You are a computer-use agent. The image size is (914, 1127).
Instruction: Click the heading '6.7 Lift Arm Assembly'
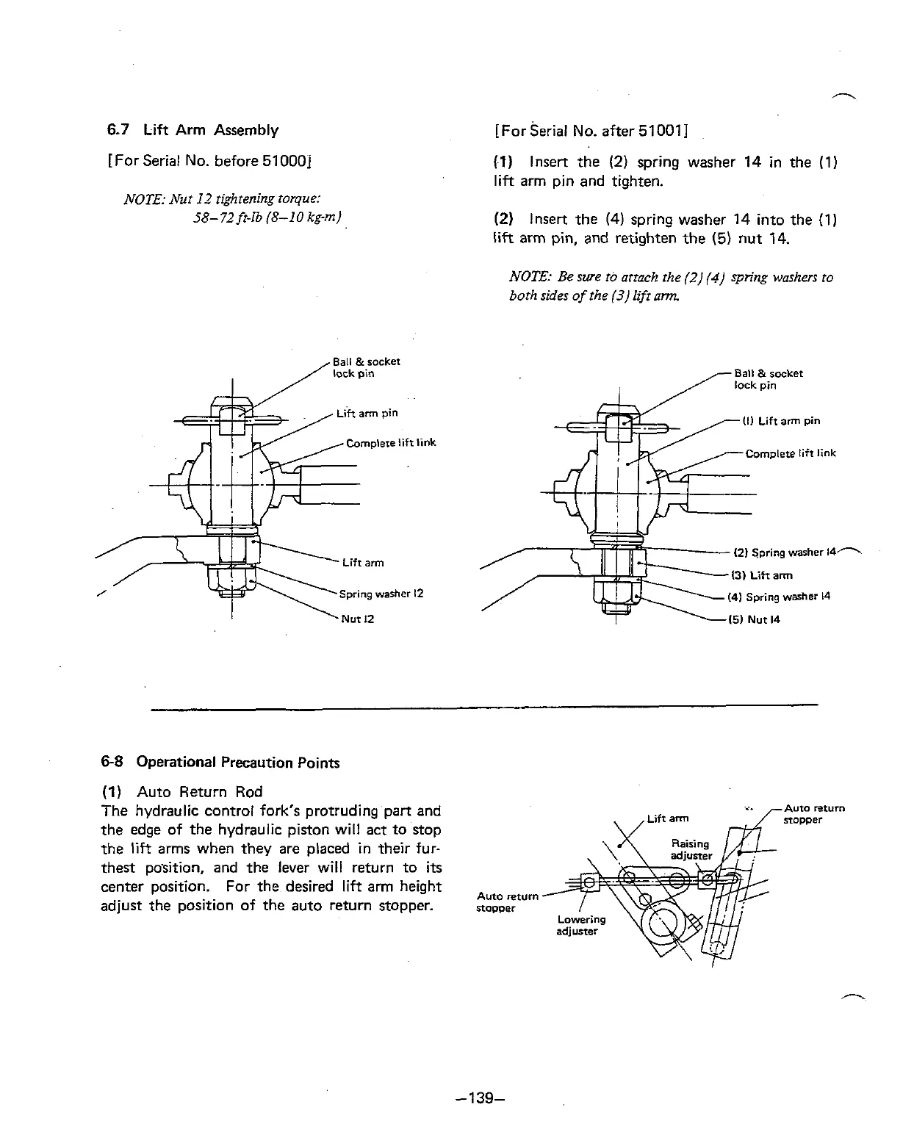point(192,131)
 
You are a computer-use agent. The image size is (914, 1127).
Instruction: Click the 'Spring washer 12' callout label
point(381,594)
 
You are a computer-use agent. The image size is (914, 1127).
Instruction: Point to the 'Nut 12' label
point(358,619)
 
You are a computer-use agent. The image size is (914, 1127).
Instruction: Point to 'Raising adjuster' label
point(691,849)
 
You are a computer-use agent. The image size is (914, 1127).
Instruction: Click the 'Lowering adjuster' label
point(581,925)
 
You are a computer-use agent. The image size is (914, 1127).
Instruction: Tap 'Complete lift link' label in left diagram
point(391,443)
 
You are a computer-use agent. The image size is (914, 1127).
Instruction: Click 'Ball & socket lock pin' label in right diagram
point(769,379)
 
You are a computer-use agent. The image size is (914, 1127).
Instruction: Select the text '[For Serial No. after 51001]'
point(591,132)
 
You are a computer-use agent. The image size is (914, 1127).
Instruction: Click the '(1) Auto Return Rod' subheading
point(181,792)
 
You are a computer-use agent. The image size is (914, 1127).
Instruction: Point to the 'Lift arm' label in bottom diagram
point(669,818)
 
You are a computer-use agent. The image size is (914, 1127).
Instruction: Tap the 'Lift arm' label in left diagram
point(363,563)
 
